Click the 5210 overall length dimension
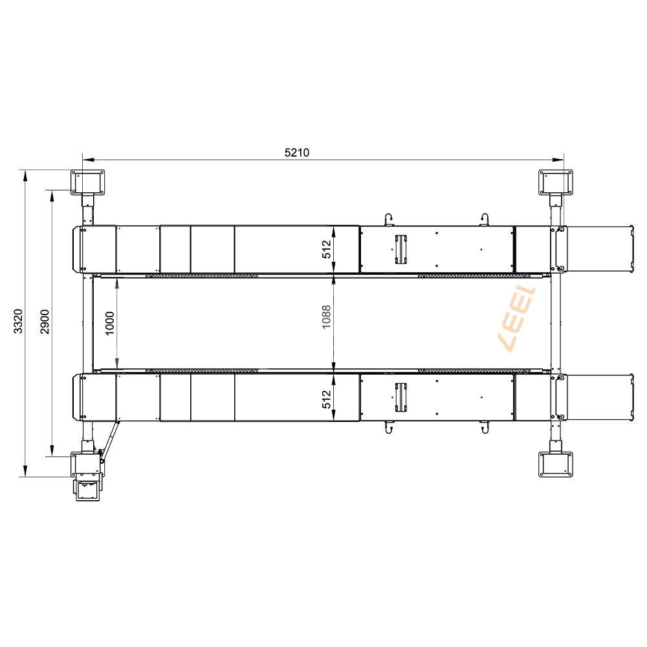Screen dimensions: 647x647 [297, 153]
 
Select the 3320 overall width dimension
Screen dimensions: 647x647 [19, 321]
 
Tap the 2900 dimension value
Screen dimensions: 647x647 [45, 322]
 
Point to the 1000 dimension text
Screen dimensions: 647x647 [110, 323]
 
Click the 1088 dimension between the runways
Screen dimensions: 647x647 [326, 317]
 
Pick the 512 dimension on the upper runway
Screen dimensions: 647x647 [326, 250]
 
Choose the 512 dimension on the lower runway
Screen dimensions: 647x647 [326, 399]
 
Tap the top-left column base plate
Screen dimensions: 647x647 [87, 182]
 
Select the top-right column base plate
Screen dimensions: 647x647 [556, 182]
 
